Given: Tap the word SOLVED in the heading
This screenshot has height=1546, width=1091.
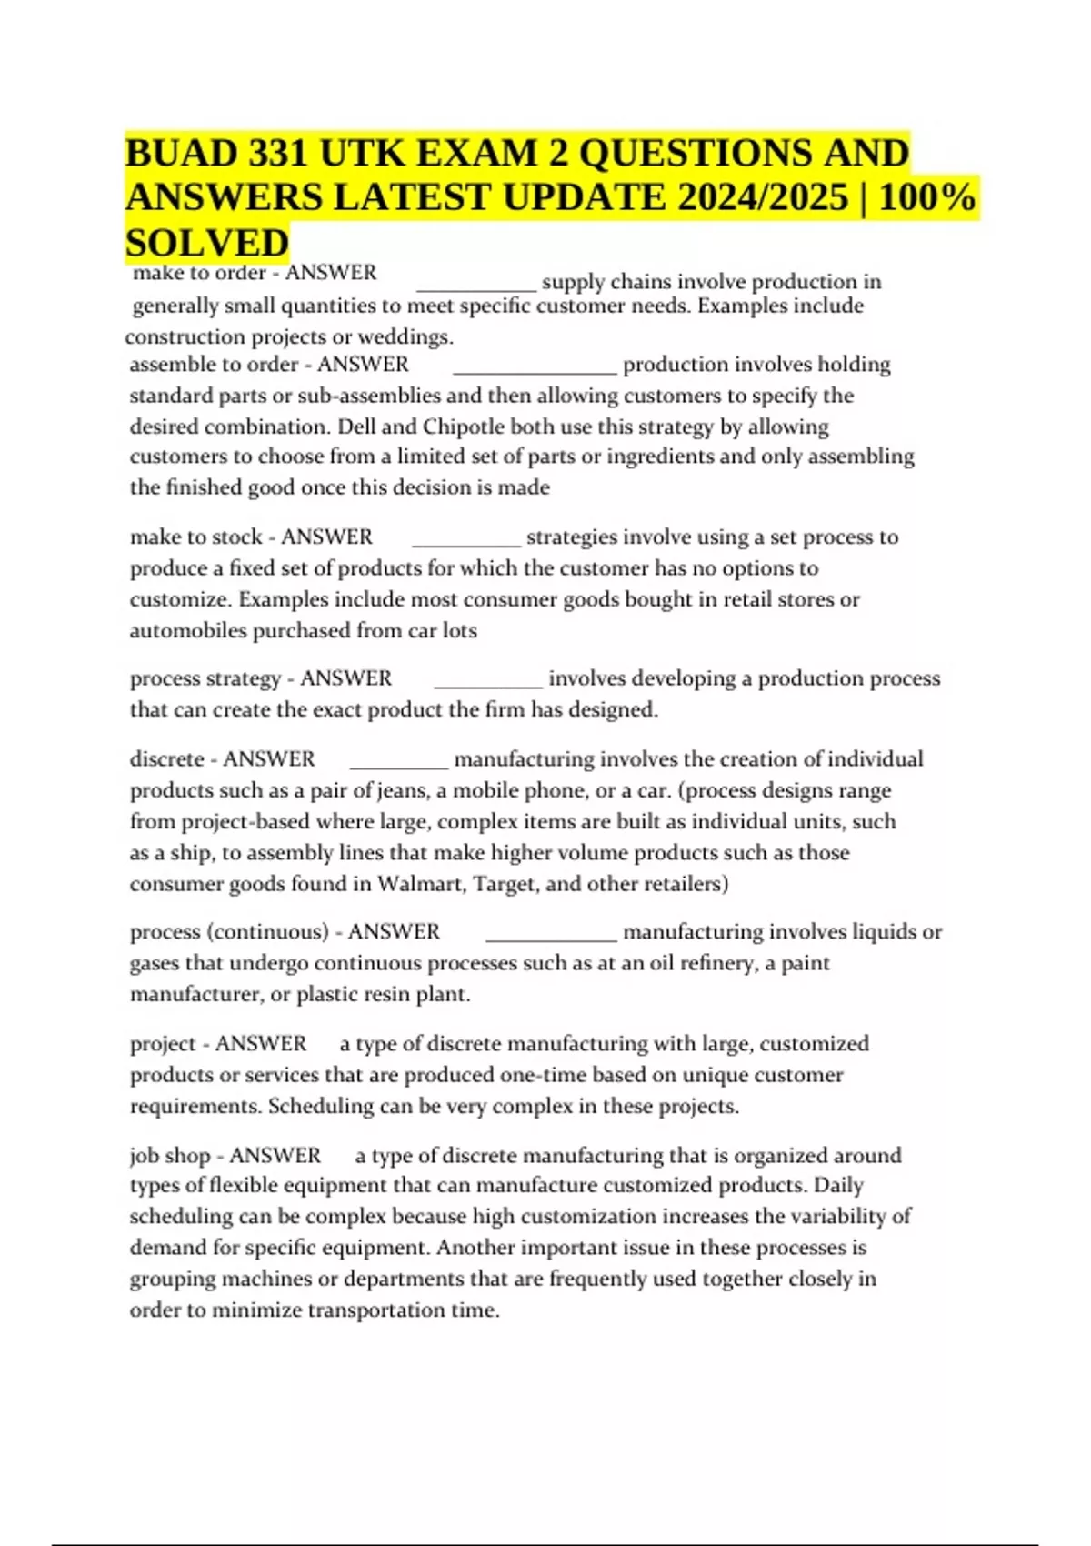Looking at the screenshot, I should [207, 243].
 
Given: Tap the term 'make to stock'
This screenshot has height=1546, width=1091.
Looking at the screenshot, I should [196, 537].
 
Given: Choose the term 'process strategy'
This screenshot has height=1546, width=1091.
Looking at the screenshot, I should [205, 678].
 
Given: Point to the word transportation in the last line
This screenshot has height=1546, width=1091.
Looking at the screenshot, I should [376, 1310].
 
